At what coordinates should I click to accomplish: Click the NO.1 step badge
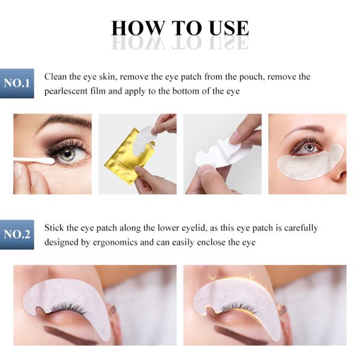click(x=17, y=83)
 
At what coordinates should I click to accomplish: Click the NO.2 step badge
click(x=17, y=235)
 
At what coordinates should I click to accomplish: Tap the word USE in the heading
click(x=229, y=28)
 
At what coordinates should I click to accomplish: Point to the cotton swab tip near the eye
click(x=48, y=161)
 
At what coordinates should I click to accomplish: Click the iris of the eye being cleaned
click(x=67, y=154)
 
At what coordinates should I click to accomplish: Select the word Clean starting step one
click(x=56, y=77)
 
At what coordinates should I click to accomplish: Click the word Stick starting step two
click(x=55, y=228)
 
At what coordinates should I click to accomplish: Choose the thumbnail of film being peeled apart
click(x=222, y=154)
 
